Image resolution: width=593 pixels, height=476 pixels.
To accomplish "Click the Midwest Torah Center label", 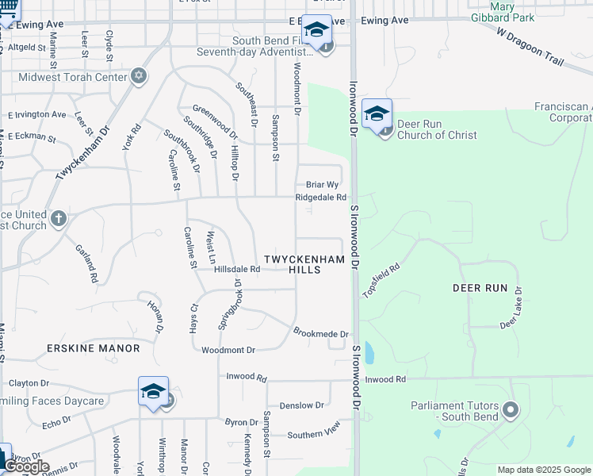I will (78, 77).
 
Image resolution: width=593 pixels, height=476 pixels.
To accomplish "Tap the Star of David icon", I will (140, 76).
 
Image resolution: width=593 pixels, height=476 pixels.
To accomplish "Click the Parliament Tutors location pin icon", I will (511, 411).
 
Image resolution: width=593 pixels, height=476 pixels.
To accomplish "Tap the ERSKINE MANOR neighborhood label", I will (93, 348).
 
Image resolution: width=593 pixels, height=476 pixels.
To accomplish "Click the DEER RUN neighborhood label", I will (480, 287).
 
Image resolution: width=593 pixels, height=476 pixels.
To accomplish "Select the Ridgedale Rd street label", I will (321, 198).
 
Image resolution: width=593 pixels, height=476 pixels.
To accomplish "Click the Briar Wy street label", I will (323, 184).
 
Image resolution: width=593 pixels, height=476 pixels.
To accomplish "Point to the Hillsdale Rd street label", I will (237, 270).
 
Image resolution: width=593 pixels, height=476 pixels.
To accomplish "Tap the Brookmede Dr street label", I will (321, 334).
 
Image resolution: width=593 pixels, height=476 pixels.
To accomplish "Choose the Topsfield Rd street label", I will (381, 281).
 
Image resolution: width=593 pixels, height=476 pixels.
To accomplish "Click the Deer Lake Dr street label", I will (511, 307).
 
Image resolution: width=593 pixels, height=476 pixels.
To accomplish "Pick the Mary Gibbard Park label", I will (502, 11).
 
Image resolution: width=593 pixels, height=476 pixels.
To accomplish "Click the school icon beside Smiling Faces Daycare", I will (153, 391).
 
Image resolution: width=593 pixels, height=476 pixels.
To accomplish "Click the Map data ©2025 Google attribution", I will (543, 470).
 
